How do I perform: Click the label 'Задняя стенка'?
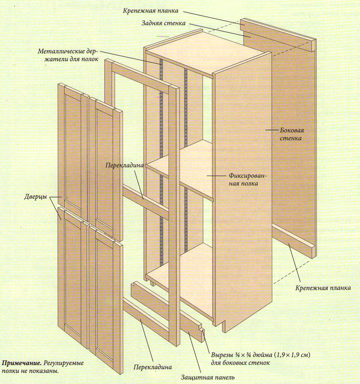[x=164, y=23]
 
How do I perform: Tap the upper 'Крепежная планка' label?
[x=151, y=11]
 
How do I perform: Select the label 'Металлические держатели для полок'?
[x=68, y=55]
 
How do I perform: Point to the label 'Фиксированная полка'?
[x=247, y=180]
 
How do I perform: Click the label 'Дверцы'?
[x=36, y=197]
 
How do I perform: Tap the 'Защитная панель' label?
[x=208, y=377]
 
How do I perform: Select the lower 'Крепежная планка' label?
[x=323, y=288]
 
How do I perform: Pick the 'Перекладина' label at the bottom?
[x=153, y=367]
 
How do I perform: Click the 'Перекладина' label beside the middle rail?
[x=125, y=165]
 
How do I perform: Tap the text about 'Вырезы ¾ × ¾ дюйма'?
[x=260, y=359]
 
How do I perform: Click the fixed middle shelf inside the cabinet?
[x=180, y=169]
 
